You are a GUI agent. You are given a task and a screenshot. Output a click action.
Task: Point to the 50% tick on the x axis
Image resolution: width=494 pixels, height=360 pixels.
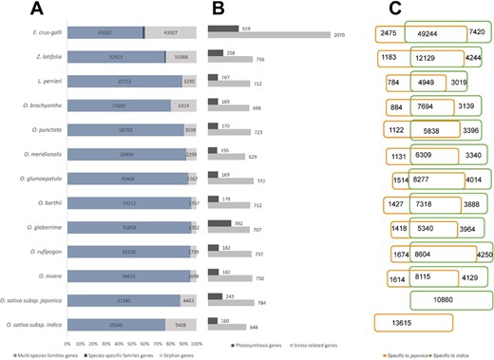click(132, 337)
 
